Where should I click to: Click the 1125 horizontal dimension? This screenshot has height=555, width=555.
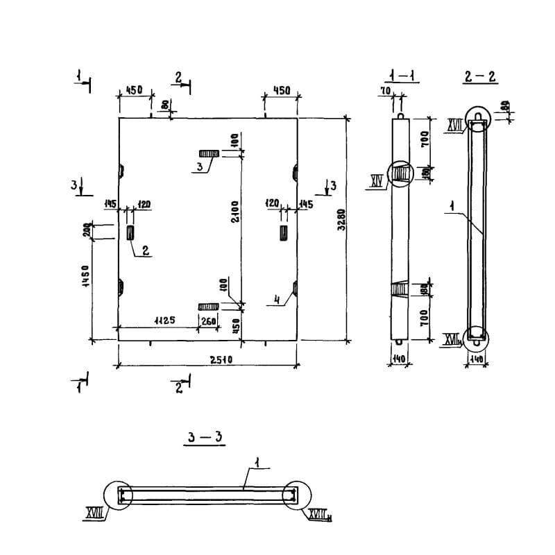click(x=163, y=320)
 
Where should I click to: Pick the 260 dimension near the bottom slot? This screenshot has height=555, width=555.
click(x=207, y=320)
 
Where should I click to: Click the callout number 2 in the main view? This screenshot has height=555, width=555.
click(x=146, y=251)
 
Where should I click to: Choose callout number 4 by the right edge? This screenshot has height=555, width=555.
click(x=276, y=300)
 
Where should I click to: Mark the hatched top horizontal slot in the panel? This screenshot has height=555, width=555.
click(x=209, y=153)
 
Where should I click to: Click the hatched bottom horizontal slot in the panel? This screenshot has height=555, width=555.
click(x=208, y=307)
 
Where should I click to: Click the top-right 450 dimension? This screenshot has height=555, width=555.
click(x=281, y=91)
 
